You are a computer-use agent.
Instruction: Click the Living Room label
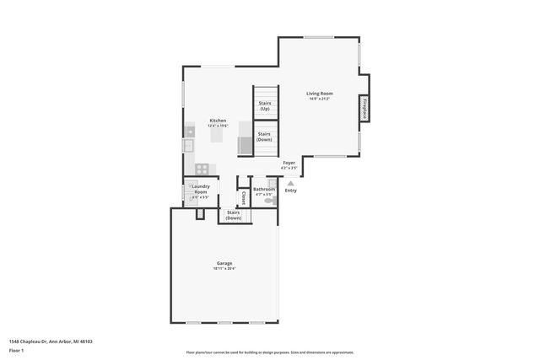(320, 93)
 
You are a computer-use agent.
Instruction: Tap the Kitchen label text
(218, 121)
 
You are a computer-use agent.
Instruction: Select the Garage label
(224, 263)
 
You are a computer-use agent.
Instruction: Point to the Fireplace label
(364, 110)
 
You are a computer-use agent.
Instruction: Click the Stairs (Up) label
(264, 105)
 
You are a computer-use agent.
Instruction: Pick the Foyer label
(289, 163)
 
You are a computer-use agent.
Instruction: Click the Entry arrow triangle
(290, 182)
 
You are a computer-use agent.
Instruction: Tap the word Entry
(290, 191)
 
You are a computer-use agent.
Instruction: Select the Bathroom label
(264, 190)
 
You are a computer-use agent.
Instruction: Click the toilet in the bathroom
(270, 201)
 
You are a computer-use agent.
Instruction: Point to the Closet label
(243, 197)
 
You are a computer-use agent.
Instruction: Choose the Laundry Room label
(200, 189)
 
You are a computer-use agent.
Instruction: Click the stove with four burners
(202, 169)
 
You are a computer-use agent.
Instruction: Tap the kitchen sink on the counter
(189, 146)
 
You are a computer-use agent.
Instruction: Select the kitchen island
(219, 133)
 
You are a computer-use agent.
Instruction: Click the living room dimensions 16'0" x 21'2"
(320, 99)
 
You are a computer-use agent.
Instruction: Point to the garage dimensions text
(224, 269)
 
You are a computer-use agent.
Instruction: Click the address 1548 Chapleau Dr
(50, 341)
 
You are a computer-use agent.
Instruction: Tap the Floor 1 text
(16, 350)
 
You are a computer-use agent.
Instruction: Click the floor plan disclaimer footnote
(269, 352)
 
